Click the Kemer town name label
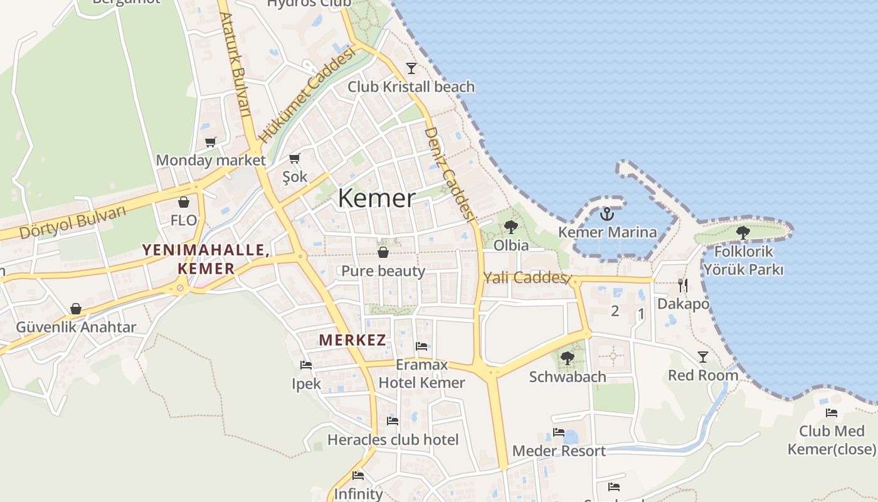click(x=376, y=198)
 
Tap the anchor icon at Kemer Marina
click(x=606, y=215)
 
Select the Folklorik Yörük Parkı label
click(x=743, y=260)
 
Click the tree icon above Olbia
click(x=511, y=227)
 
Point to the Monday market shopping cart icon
click(x=210, y=142)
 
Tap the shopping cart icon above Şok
click(x=294, y=158)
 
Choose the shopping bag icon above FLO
click(x=184, y=202)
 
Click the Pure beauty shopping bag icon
click(x=383, y=252)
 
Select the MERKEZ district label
click(x=352, y=340)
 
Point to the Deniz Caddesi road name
click(x=448, y=173)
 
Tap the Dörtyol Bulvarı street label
click(x=73, y=222)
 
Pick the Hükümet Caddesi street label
click(x=307, y=94)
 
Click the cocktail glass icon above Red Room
click(x=703, y=357)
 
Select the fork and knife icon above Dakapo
click(x=683, y=286)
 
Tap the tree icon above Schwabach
click(x=567, y=358)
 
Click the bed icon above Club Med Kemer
click(x=832, y=412)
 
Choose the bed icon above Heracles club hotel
click(x=393, y=420)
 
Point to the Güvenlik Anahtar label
click(x=76, y=327)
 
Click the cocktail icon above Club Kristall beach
click(x=411, y=68)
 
